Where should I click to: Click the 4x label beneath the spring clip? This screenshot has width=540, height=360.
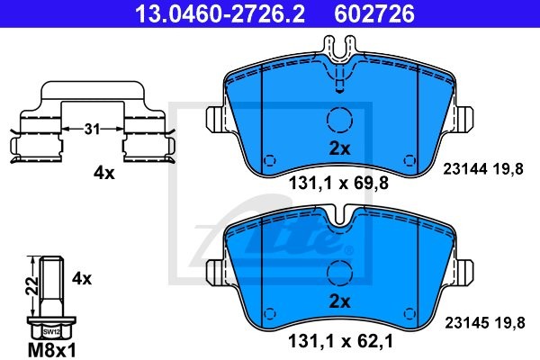coord(105,174)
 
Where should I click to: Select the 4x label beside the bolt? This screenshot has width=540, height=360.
coord(82,279)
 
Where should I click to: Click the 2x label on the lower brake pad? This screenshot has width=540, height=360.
coord(339,301)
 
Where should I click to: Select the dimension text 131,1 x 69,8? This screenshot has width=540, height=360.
coord(338,186)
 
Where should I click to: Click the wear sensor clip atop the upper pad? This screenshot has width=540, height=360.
coord(339,63)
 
